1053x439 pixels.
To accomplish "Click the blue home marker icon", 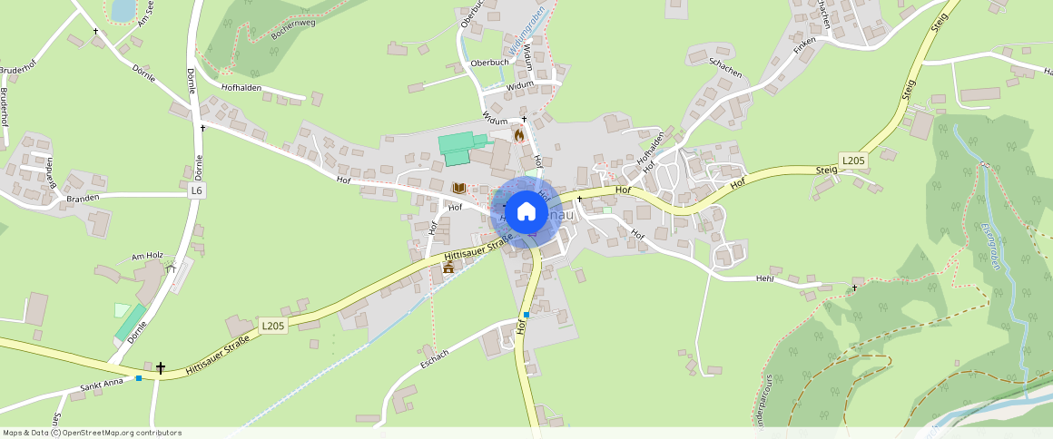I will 525,212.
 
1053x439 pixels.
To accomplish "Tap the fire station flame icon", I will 519,134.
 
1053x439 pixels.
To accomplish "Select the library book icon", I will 459,188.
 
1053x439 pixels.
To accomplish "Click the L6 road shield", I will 197,190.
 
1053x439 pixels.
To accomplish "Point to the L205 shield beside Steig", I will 853,161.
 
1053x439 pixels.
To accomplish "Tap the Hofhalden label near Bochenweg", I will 241,87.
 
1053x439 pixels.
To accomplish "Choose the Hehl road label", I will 764,278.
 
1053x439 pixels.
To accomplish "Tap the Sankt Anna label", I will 102,388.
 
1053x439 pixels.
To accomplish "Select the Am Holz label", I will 145,257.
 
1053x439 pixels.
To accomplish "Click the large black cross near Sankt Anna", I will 161,368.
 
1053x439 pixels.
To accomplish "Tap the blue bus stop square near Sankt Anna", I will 138,378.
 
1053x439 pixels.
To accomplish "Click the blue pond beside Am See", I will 122,9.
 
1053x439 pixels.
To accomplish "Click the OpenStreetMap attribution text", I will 92,433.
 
